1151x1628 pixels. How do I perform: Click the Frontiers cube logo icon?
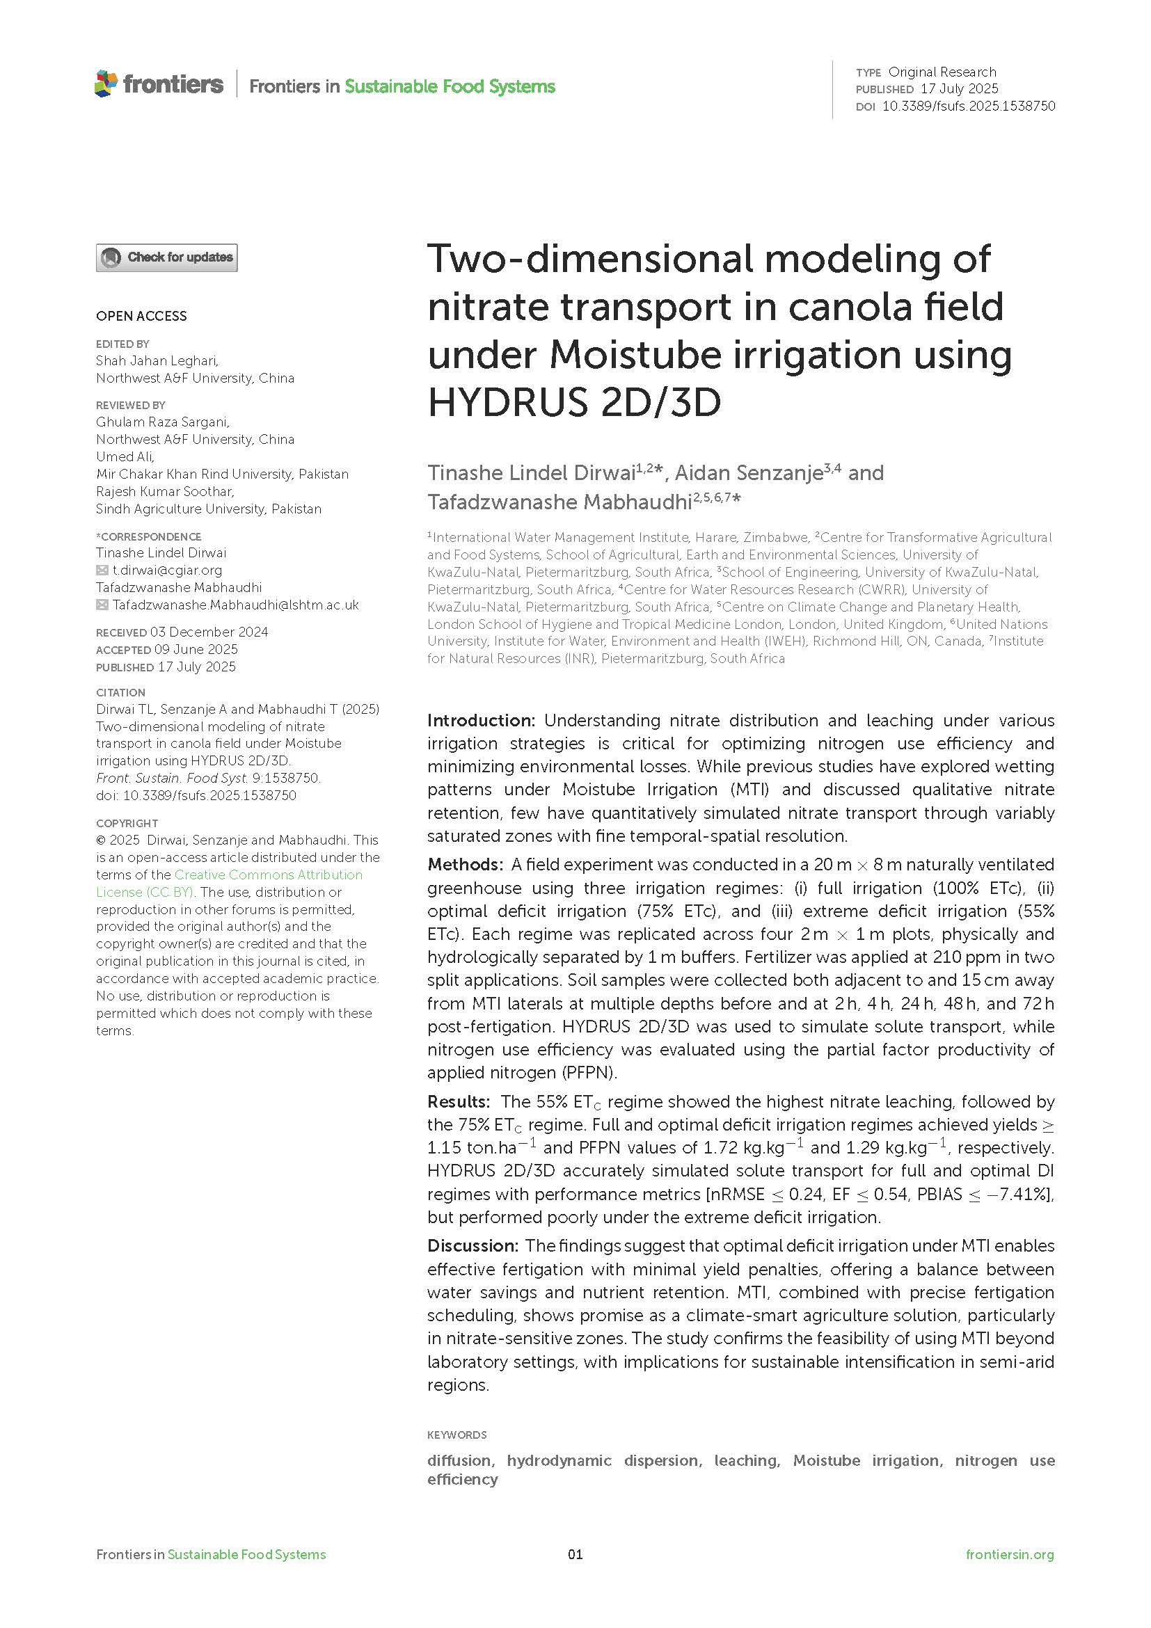click(106, 83)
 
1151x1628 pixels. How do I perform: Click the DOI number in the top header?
click(968, 106)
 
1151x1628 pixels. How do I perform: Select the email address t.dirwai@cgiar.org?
click(168, 570)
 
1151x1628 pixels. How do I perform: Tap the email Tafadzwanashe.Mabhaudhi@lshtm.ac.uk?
click(235, 605)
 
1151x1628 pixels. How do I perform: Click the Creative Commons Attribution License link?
click(229, 883)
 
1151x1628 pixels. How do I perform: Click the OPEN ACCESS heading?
click(141, 317)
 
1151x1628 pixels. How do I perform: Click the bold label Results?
click(458, 1101)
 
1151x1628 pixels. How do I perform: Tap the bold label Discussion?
click(473, 1245)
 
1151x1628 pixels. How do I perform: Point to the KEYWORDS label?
click(457, 1435)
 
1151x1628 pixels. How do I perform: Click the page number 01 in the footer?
click(575, 1554)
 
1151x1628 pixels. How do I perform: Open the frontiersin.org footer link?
click(1009, 1554)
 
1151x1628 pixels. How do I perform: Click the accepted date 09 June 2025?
click(196, 650)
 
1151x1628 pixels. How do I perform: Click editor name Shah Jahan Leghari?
click(157, 361)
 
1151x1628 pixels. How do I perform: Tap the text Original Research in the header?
click(942, 72)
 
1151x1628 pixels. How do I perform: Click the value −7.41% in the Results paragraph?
click(1017, 1194)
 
